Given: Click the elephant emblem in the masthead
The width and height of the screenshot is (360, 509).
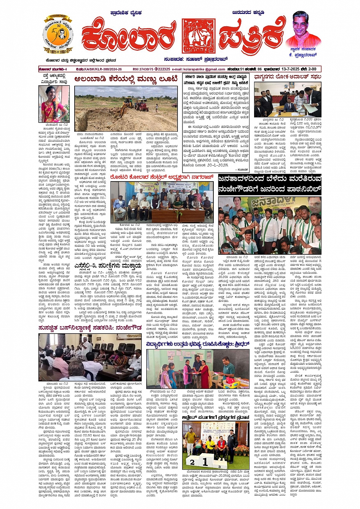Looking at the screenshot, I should tap(198, 36).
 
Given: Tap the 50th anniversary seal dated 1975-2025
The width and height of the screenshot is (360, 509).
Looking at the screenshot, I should tap(58, 35).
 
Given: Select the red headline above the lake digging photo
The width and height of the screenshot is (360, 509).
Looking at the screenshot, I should tap(126, 79).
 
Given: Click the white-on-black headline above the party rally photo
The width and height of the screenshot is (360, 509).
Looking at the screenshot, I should tap(270, 183).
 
